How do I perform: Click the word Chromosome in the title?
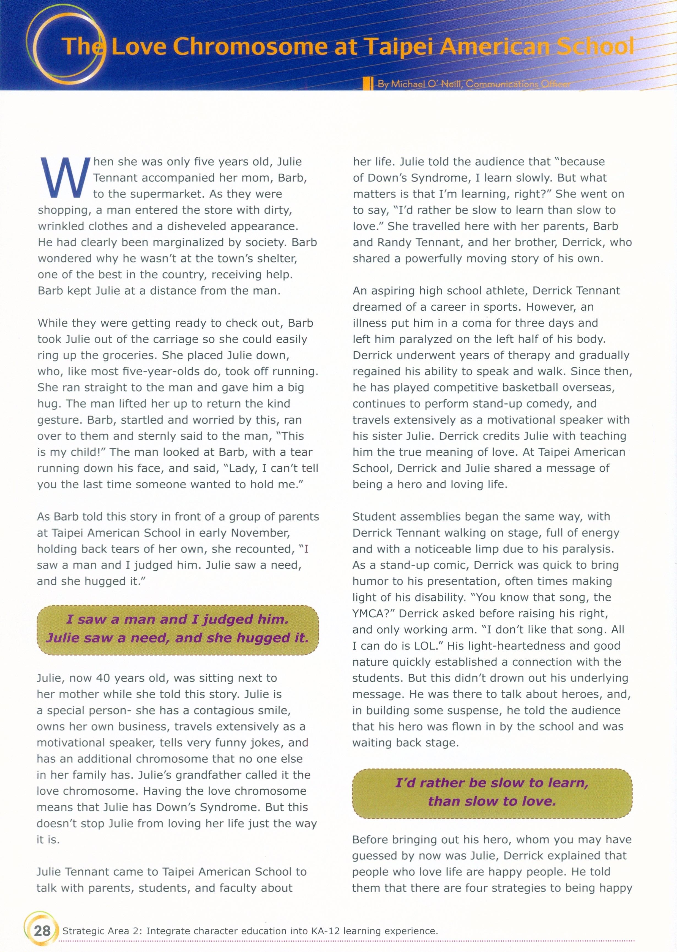(250, 47)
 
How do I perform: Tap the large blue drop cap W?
(65, 178)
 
